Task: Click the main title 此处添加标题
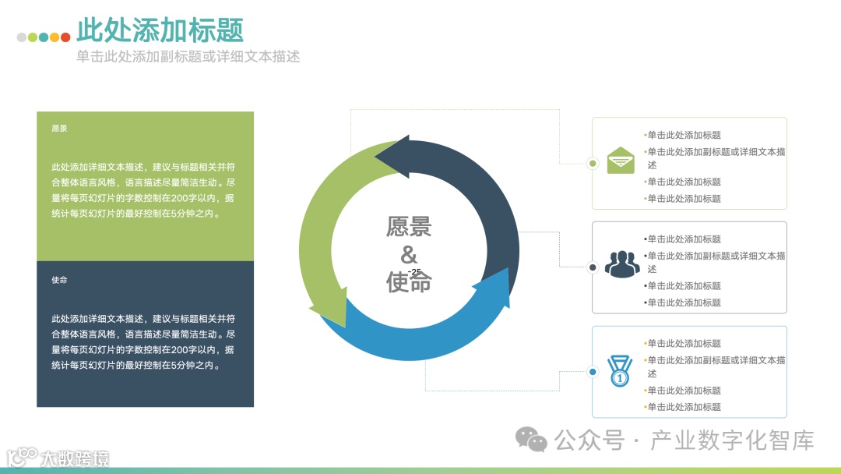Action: [x=160, y=30]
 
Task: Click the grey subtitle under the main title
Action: [x=188, y=56]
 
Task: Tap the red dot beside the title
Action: [x=65, y=37]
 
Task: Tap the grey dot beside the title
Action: [x=22, y=37]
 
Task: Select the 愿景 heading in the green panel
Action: [x=59, y=128]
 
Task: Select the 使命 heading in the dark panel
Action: [x=59, y=280]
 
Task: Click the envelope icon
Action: [x=621, y=159]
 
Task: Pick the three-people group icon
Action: [x=621, y=264]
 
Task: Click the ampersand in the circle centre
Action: [x=408, y=255]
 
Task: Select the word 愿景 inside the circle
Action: [x=409, y=227]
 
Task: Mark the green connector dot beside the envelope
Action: [x=593, y=164]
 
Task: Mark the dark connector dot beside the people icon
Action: [x=593, y=267]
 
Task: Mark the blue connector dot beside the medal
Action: [x=593, y=372]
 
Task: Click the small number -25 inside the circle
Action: [x=414, y=271]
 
